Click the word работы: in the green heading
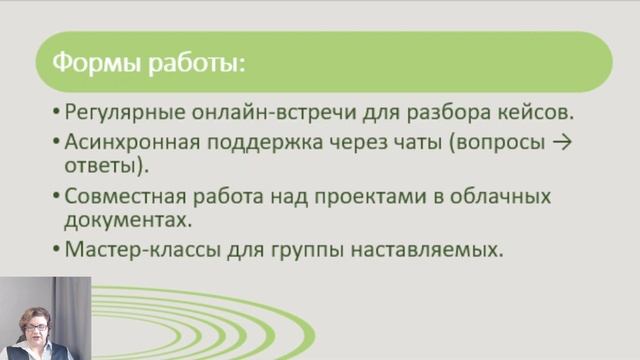(192, 63)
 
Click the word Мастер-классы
(129, 248)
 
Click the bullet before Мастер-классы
(55, 249)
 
